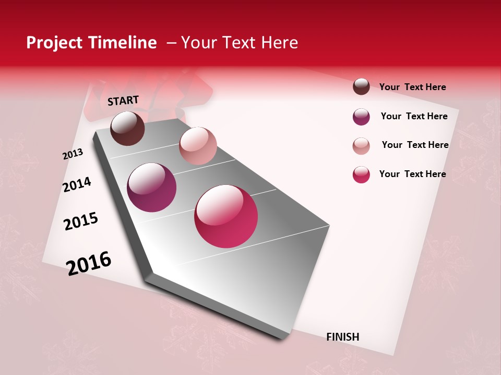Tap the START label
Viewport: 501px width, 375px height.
[123, 101]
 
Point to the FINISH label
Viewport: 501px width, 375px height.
[343, 337]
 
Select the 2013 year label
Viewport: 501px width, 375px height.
[73, 154]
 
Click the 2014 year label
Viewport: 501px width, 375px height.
[77, 184]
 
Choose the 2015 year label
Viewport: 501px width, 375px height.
[81, 221]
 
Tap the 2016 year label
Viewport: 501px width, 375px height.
[89, 263]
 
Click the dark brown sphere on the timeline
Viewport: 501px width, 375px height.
[127, 128]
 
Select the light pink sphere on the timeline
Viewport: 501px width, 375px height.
[198, 146]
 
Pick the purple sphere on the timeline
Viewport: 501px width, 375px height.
[151, 187]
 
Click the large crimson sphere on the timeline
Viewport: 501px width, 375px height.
[226, 216]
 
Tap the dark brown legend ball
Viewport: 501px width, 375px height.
[361, 87]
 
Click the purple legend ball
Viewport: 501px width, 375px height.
[361, 117]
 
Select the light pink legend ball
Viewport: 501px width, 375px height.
[361, 146]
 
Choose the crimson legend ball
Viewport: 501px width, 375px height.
[361, 174]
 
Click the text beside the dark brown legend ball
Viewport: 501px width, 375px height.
[412, 87]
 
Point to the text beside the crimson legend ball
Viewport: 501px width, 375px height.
[412, 174]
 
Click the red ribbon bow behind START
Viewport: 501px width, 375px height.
[193, 91]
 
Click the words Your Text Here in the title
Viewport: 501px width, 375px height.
[240, 43]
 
